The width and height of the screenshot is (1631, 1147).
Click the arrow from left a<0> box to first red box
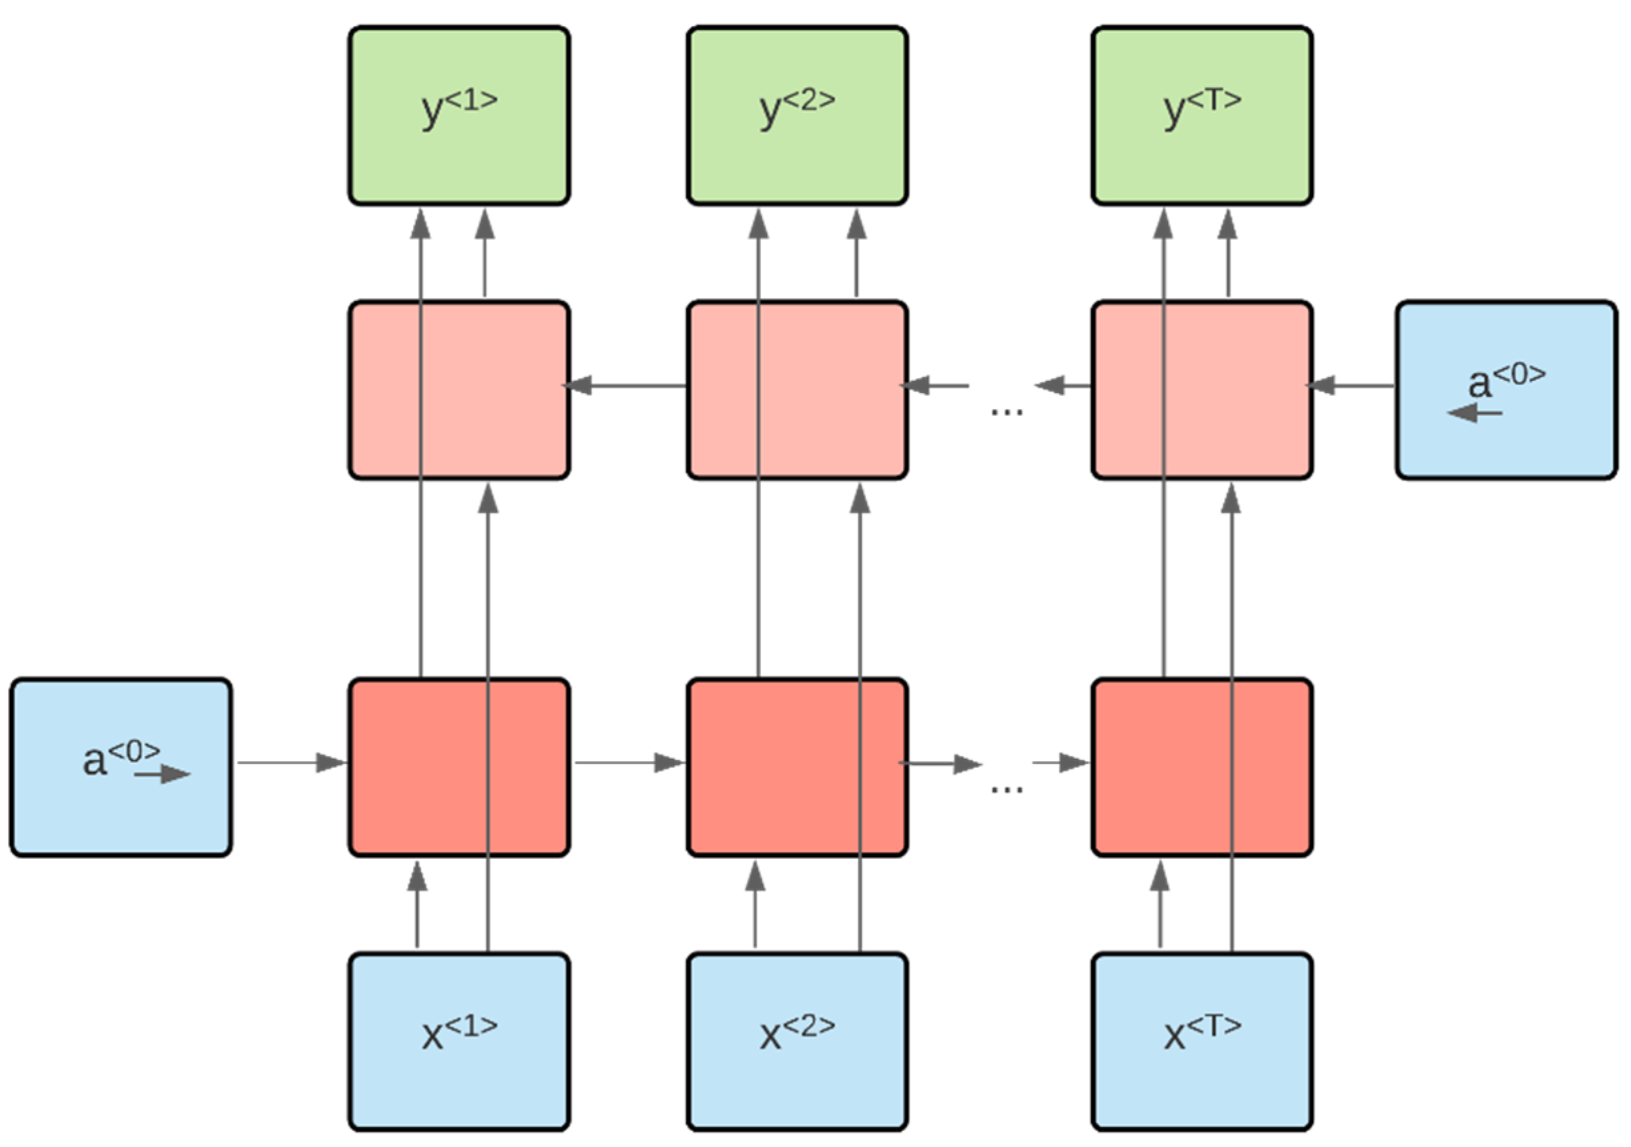291,763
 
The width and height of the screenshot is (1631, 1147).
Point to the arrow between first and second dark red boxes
629,763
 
